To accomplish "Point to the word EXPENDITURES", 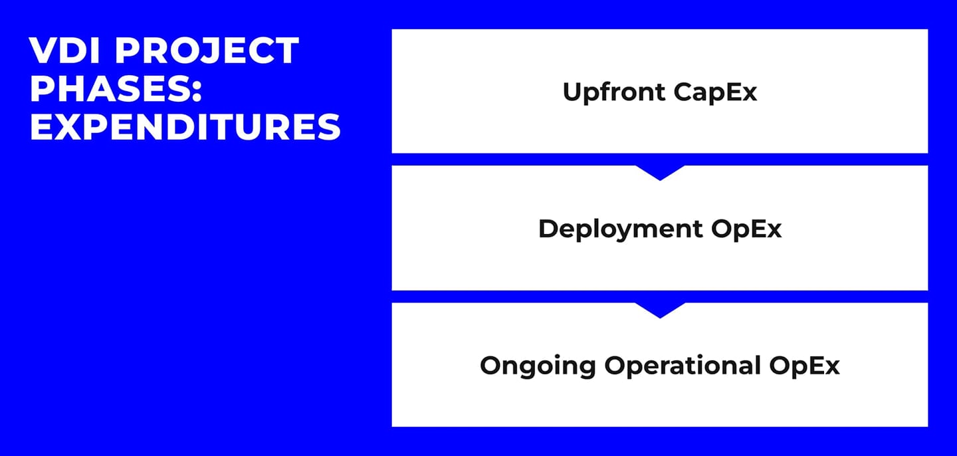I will [x=185, y=128].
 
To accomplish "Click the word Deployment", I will [x=620, y=229].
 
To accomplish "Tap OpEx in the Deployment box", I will [x=746, y=229].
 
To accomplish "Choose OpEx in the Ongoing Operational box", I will [x=805, y=366].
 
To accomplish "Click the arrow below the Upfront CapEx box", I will [x=660, y=173].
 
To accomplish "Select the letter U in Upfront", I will [x=572, y=92].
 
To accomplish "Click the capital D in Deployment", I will [x=548, y=229].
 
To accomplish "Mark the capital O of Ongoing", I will [x=491, y=366].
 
